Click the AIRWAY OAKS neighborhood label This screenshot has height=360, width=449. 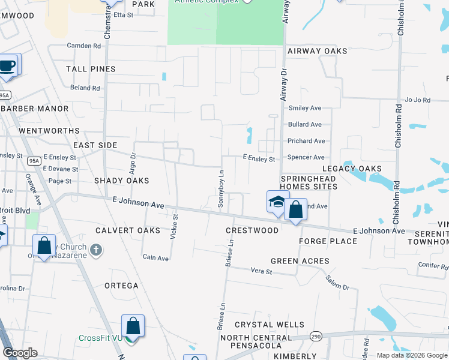pyautogui.click(x=317, y=51)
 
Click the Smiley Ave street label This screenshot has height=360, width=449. pyautogui.click(x=305, y=108)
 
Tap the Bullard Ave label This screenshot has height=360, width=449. pyautogui.click(x=305, y=124)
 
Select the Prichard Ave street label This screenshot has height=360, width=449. pyautogui.click(x=306, y=141)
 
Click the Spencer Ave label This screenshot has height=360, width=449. pyautogui.click(x=306, y=157)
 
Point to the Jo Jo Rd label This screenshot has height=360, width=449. pyautogui.click(x=418, y=100)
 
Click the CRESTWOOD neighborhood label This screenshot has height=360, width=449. pyautogui.click(x=252, y=230)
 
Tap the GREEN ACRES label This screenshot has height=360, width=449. pyautogui.click(x=300, y=261)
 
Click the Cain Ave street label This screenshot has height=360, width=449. pyautogui.click(x=155, y=258)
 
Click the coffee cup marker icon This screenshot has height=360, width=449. pyautogui.click(x=7, y=65)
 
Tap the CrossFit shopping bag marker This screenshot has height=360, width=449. pyautogui.click(x=133, y=327)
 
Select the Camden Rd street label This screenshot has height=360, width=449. pyautogui.click(x=84, y=46)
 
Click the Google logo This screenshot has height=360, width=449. pyautogui.click(x=20, y=353)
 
